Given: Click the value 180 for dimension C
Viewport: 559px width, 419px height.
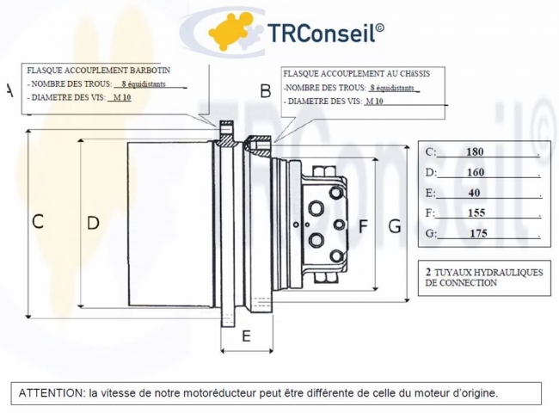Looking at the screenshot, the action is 475,152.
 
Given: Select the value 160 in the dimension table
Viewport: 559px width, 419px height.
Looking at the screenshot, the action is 476,173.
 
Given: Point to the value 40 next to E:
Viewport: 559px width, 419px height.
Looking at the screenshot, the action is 474,193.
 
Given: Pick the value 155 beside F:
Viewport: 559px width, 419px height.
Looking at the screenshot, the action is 476,213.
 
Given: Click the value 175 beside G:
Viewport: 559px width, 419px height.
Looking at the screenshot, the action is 478,233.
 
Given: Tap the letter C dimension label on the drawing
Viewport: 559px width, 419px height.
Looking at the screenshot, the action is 38,221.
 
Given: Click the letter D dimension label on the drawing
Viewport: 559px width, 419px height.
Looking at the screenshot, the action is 93,223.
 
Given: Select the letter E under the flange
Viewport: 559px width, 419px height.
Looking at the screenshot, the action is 246,336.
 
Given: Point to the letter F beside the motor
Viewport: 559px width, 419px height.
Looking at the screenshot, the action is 363,226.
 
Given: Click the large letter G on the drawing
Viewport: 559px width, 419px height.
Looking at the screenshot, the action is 394,226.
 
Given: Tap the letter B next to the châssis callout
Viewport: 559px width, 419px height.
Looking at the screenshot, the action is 266,91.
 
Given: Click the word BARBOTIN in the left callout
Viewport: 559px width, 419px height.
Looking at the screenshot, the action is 150,71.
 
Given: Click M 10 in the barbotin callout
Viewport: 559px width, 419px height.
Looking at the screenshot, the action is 122,97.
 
